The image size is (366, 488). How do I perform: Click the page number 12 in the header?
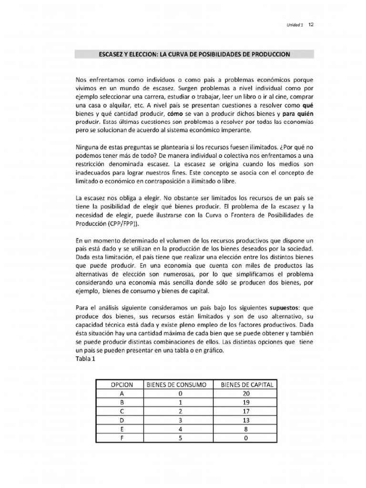coord(311,24)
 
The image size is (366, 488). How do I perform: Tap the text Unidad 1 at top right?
coord(295,25)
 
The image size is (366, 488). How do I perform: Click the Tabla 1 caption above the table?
coord(86,359)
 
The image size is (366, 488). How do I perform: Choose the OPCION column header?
coord(122,385)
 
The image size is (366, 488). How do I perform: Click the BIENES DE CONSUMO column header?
coord(180,385)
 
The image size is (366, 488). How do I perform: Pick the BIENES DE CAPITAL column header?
coord(247,385)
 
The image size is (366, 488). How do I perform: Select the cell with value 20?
coord(246,394)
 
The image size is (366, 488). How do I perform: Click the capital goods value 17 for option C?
coord(246,411)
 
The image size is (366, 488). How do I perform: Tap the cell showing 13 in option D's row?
coord(246,420)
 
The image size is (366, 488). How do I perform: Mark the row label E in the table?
coord(122,429)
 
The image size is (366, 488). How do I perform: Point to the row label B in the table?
coord(122,402)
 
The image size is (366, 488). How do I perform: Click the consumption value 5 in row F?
coord(180,438)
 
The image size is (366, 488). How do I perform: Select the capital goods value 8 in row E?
coord(246,429)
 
